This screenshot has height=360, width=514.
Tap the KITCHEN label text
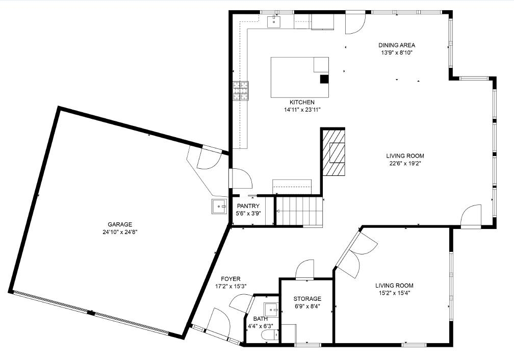point(302,102)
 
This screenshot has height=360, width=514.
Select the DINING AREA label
point(397,45)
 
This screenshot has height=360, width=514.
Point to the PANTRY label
point(248,206)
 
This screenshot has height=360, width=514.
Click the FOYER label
point(230,279)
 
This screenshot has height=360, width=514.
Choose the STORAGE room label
point(307,299)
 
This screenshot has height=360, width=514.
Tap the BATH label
point(260,319)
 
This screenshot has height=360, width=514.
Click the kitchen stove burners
point(241,90)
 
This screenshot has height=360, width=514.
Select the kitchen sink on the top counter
point(274,21)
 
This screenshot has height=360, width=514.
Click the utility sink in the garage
point(219,207)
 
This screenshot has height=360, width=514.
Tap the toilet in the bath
point(270,335)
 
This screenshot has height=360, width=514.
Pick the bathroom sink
point(271,309)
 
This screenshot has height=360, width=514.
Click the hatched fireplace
point(333,152)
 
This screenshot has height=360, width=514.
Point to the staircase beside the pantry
point(299,211)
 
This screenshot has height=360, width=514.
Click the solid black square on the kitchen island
point(324,79)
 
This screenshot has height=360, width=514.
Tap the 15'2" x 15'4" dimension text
point(394,293)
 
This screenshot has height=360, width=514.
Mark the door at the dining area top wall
point(355,23)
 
